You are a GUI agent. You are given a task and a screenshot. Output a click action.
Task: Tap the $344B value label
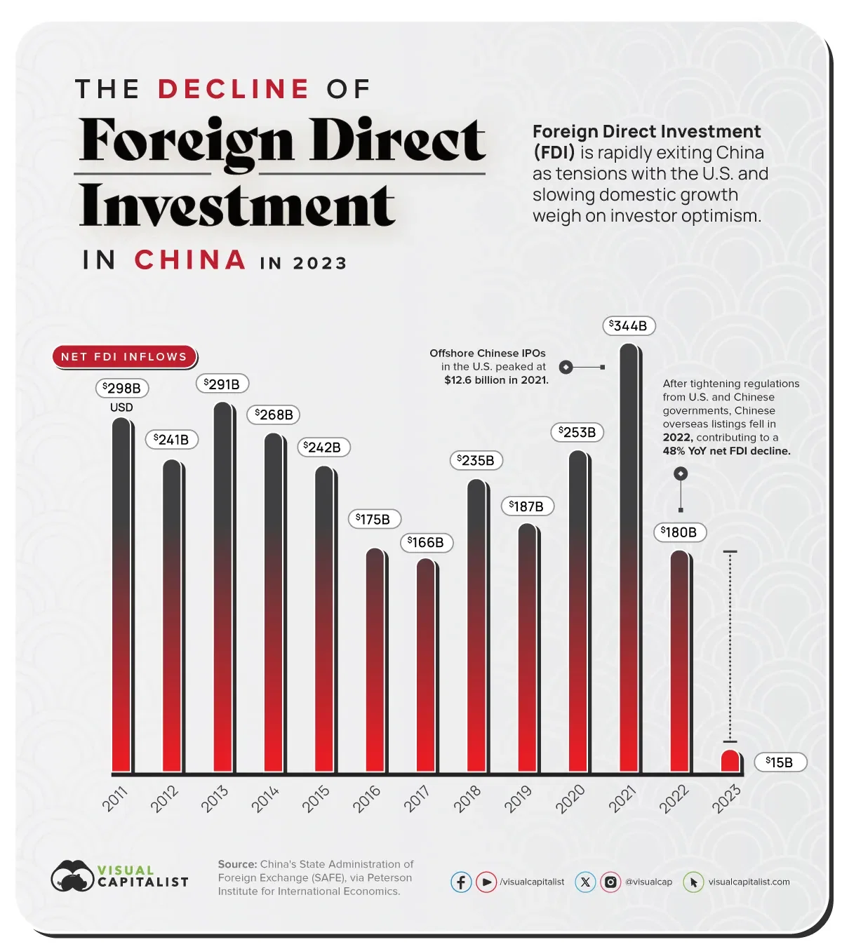pyautogui.click(x=629, y=326)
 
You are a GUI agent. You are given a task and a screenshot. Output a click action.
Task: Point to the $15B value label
pyautogui.click(x=780, y=762)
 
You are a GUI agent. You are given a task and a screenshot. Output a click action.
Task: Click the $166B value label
pyautogui.click(x=426, y=542)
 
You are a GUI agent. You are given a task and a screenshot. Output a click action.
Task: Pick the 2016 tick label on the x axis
pyautogui.click(x=366, y=799)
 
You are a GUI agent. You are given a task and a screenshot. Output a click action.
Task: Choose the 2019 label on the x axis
pyautogui.click(x=518, y=799)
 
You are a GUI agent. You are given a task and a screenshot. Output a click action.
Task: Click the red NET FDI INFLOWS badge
pyautogui.click(x=124, y=356)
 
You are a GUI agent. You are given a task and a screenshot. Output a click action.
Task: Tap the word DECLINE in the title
pyautogui.click(x=233, y=89)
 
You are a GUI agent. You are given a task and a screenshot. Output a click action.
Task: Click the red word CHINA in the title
pyautogui.click(x=190, y=260)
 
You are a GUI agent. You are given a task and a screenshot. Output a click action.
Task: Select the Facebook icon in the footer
pyautogui.click(x=461, y=882)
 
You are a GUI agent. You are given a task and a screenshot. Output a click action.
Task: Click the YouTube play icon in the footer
pyautogui.click(x=486, y=882)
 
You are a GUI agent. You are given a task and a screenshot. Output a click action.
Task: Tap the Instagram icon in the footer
pyautogui.click(x=610, y=882)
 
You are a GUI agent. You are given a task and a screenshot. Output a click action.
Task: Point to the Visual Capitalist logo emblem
pyautogui.click(x=72, y=876)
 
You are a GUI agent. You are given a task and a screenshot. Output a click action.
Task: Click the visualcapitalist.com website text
pyautogui.click(x=749, y=882)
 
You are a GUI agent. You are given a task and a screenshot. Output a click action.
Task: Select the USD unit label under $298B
pyautogui.click(x=121, y=408)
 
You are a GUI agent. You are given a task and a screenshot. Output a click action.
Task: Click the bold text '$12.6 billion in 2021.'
pyautogui.click(x=496, y=380)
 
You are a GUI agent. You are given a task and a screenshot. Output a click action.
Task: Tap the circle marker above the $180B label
pyautogui.click(x=680, y=474)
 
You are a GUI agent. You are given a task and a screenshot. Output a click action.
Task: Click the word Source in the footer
pyautogui.click(x=236, y=864)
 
